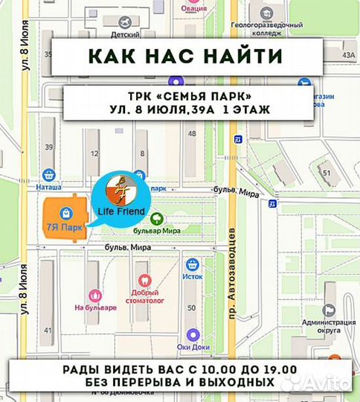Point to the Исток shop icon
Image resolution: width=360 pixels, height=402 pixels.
pos(193,264)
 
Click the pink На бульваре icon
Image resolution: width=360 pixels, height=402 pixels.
pos(94,295)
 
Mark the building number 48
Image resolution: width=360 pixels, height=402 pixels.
pos(193,133)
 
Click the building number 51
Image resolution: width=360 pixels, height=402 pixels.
pos(327,173)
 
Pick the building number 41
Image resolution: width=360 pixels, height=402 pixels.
pos(49,330)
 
